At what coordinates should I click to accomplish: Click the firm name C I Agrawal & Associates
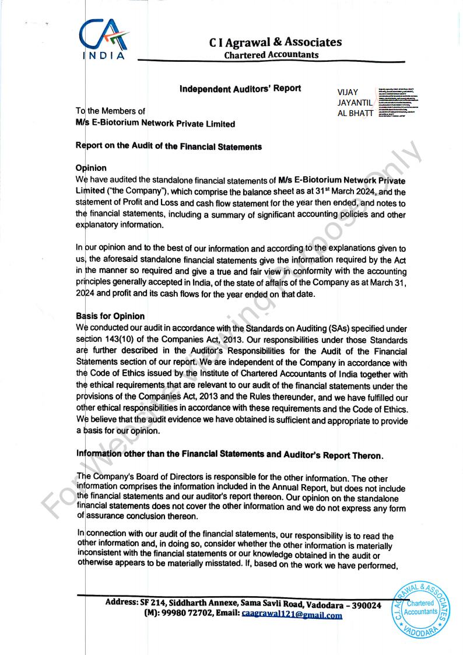point(275,42)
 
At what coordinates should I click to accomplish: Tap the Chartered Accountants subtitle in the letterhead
point(271,55)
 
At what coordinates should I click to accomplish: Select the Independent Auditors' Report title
point(240,89)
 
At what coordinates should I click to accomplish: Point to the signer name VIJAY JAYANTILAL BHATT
point(355,102)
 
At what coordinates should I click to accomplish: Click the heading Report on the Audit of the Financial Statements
point(169,147)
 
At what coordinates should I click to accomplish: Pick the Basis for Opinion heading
point(110,316)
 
